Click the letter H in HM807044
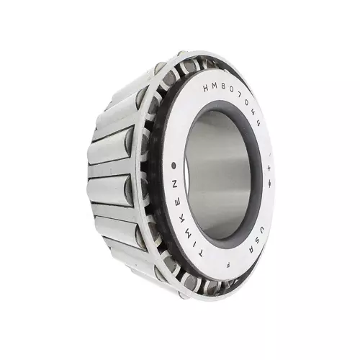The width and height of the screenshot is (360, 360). point(207,88)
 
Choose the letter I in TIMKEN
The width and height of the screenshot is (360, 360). point(195,243)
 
